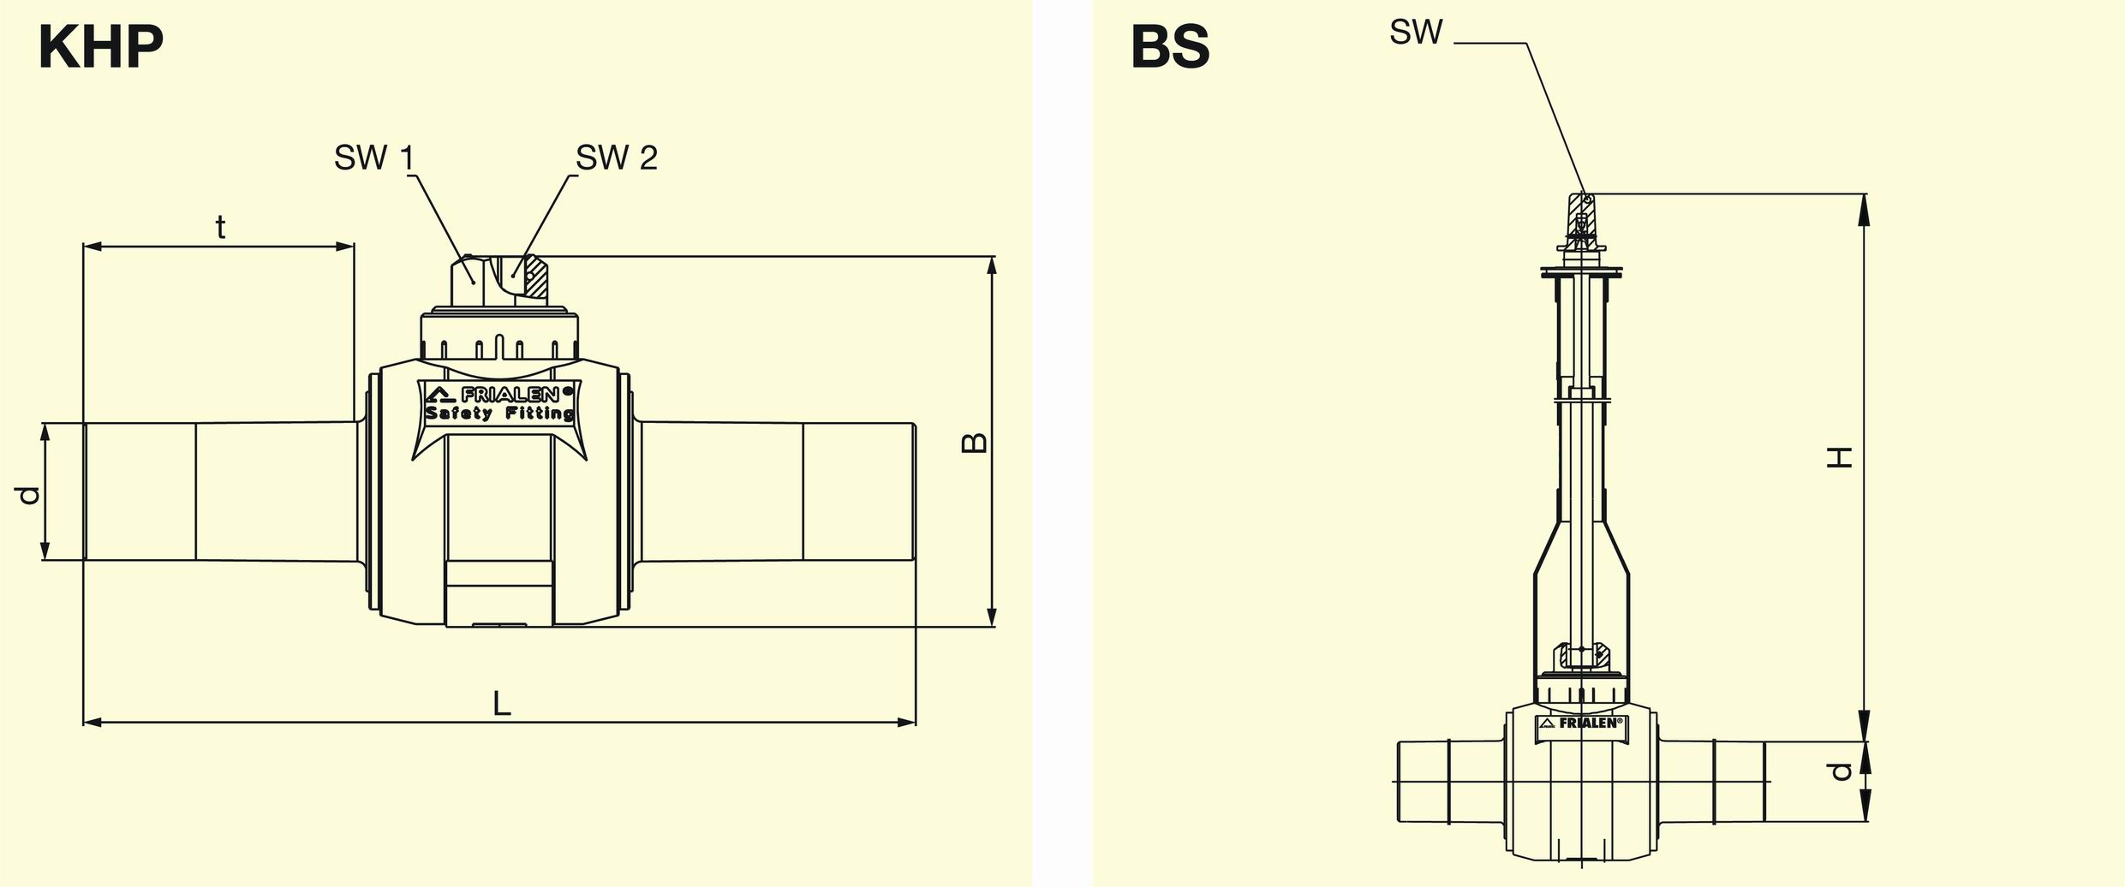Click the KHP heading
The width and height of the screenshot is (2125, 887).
pyautogui.click(x=100, y=48)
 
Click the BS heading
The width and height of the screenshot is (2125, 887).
pyautogui.click(x=1169, y=48)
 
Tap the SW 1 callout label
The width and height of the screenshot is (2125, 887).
pyautogui.click(x=374, y=158)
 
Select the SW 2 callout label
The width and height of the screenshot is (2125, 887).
pyautogui.click(x=616, y=158)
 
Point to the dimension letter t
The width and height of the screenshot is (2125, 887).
pyautogui.click(x=220, y=228)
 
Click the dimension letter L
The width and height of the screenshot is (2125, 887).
pyautogui.click(x=501, y=704)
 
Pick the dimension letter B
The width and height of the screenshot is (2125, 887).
pyautogui.click(x=974, y=443)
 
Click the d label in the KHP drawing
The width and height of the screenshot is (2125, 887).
pyautogui.click(x=28, y=495)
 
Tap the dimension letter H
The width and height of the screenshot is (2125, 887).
pyautogui.click(x=1840, y=457)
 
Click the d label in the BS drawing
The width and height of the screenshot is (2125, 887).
pyautogui.click(x=1840, y=771)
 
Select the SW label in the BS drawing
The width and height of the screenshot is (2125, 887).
pyautogui.click(x=1416, y=33)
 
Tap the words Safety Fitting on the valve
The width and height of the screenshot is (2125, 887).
pyautogui.click(x=500, y=414)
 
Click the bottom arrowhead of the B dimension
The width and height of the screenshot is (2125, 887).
pyautogui.click(x=992, y=617)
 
